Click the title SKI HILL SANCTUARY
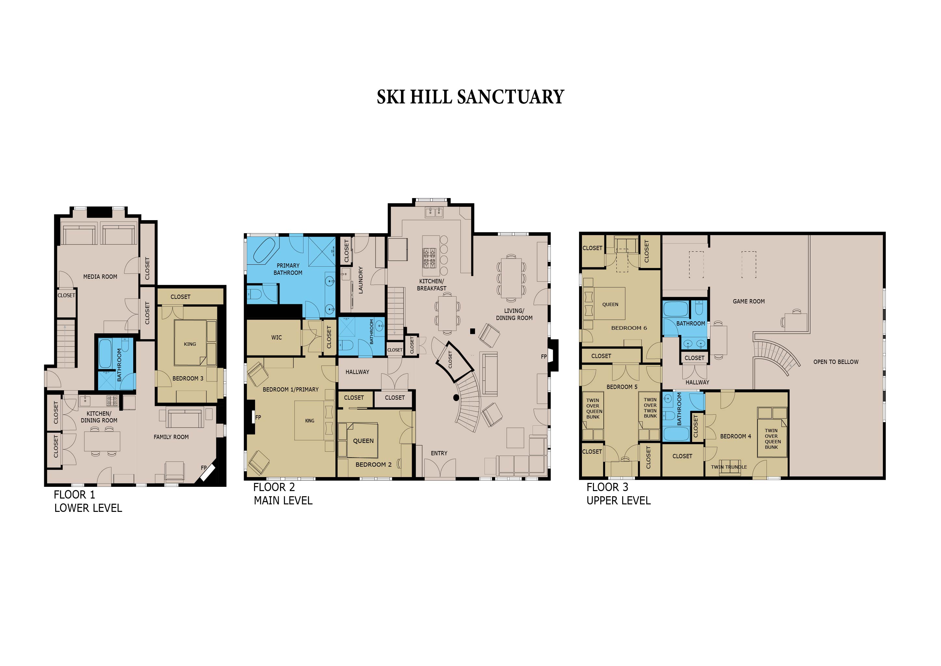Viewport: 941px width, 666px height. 470,97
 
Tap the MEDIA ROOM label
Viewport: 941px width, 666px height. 100,277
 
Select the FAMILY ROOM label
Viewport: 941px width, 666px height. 171,437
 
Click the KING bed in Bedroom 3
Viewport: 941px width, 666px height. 190,343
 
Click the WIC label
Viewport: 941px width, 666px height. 276,338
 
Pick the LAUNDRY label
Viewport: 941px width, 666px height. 361,280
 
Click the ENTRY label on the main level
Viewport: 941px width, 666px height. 439,453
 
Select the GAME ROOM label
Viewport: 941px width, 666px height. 748,301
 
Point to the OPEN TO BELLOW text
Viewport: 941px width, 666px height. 836,362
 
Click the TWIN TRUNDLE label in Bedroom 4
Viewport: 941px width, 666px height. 729,467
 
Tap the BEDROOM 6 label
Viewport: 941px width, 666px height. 629,328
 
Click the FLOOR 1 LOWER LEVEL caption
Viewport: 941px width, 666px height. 88,501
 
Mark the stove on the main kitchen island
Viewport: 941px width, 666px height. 429,258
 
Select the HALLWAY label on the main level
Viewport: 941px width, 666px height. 357,372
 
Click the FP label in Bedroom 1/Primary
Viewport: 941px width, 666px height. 258,418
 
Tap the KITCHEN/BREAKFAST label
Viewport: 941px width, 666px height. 432,285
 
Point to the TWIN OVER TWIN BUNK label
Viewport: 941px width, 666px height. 650,408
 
